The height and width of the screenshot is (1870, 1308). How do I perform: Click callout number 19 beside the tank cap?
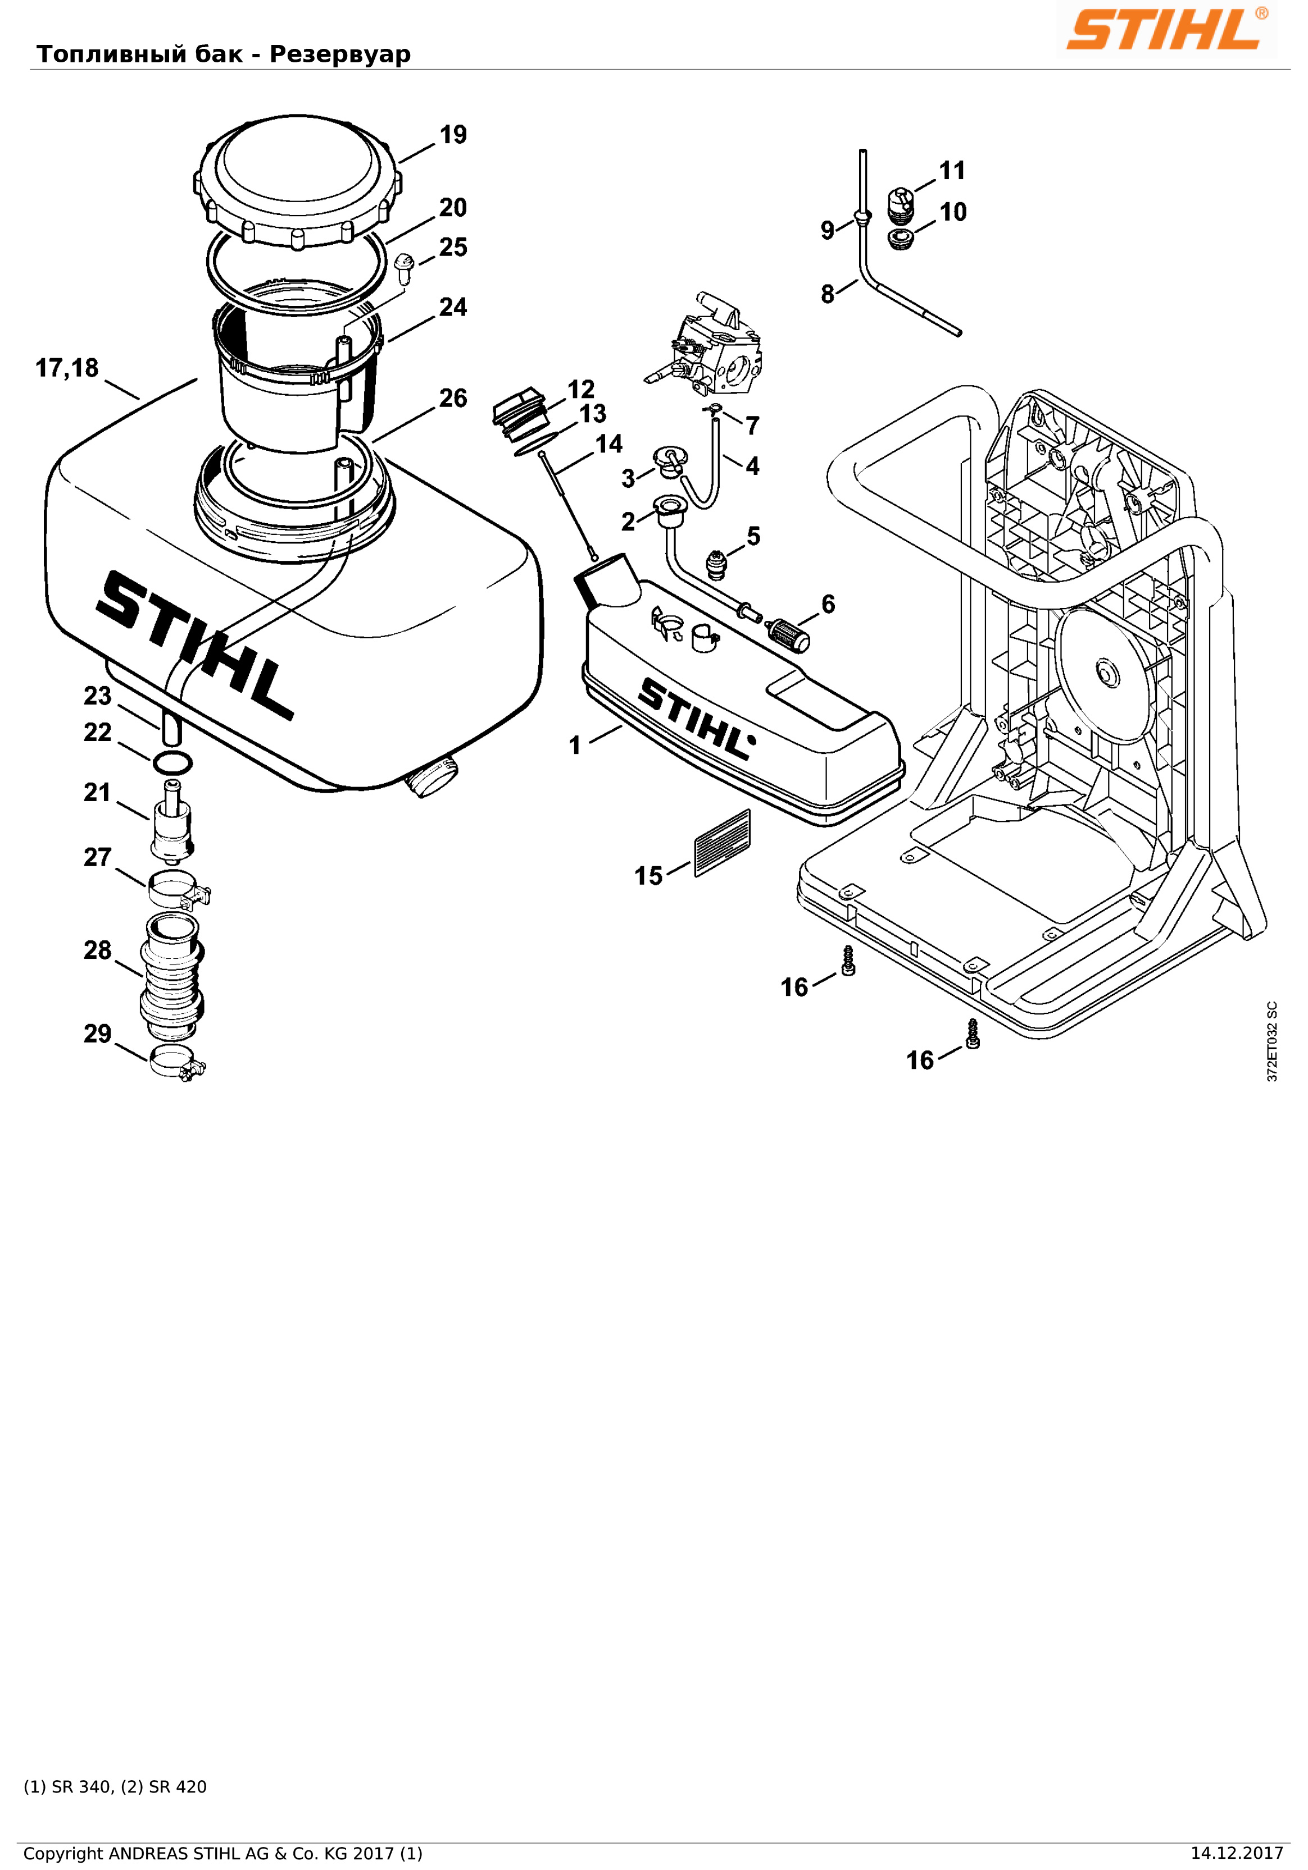pyautogui.click(x=453, y=134)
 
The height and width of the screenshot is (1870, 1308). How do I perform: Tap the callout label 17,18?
pyautogui.click(x=67, y=368)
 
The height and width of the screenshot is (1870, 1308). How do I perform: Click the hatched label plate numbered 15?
pyautogui.click(x=722, y=843)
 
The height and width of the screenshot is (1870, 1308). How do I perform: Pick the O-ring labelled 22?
pyautogui.click(x=172, y=763)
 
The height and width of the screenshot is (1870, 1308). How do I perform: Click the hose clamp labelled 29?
pyautogui.click(x=178, y=1062)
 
